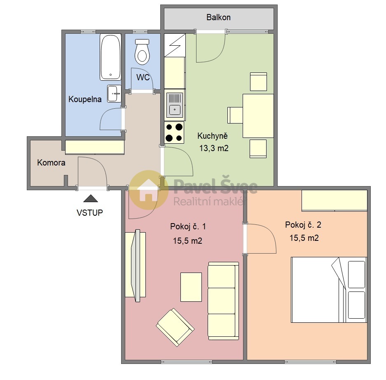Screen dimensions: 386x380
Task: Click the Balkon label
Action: pos(218,17)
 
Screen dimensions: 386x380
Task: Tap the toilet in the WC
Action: pos(142,51)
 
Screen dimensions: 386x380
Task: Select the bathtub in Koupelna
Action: pos(110,57)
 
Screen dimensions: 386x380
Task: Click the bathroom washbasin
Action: pos(114,93)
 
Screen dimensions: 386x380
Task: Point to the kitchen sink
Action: pos(175,105)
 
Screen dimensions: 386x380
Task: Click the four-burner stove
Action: pos(174,133)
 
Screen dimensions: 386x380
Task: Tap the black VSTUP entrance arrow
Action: pos(91,198)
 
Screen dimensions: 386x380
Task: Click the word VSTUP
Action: pos(90,212)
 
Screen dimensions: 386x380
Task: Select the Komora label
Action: pos(51,163)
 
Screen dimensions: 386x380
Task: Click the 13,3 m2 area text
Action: pos(214,148)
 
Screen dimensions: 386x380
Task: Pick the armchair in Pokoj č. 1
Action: pos(175,327)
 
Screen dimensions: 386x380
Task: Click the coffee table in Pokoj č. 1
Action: pos(191,287)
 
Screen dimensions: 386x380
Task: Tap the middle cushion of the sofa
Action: pos(222,301)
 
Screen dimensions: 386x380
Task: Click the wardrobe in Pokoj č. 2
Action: pos(335,200)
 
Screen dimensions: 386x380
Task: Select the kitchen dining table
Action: pos(258,116)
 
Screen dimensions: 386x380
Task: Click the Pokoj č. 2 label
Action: pos(303,224)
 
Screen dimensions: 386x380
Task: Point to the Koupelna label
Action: pos(85,99)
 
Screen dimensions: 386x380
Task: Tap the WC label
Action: pos(143,77)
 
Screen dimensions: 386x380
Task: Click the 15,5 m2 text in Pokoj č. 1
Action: pos(187,241)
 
